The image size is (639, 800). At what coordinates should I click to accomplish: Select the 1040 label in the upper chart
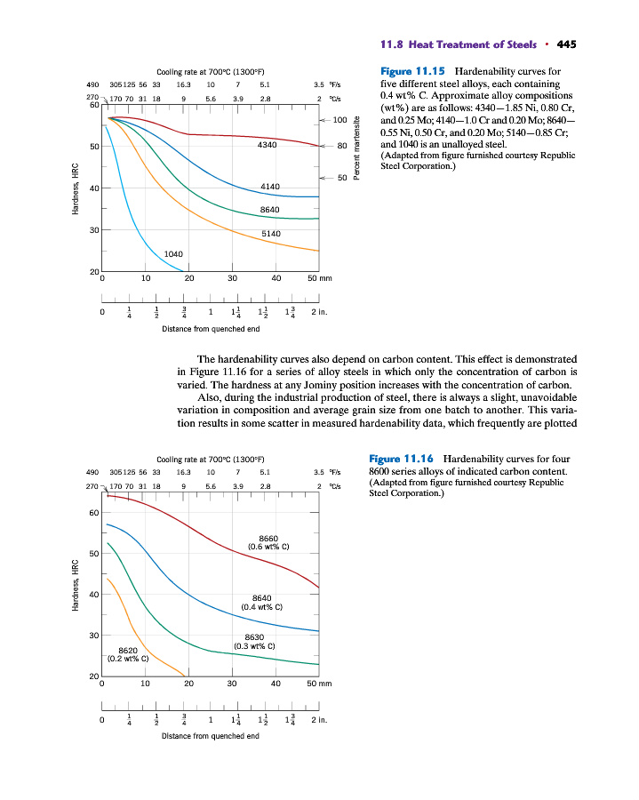[174, 254]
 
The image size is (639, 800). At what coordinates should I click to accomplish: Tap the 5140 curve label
[271, 233]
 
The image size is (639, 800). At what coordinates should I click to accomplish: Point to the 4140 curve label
[270, 186]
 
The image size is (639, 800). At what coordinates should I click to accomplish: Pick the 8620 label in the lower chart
[128, 651]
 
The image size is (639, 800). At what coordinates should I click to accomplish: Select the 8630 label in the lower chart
[254, 636]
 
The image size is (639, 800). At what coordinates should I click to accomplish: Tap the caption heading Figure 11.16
[401, 458]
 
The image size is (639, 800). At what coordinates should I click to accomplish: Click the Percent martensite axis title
[356, 148]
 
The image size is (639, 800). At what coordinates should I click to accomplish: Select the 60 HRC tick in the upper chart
[93, 106]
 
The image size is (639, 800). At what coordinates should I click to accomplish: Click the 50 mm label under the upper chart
[317, 278]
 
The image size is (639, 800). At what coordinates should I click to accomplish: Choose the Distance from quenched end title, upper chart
[210, 328]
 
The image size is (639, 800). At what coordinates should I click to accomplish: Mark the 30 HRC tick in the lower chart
[93, 636]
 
